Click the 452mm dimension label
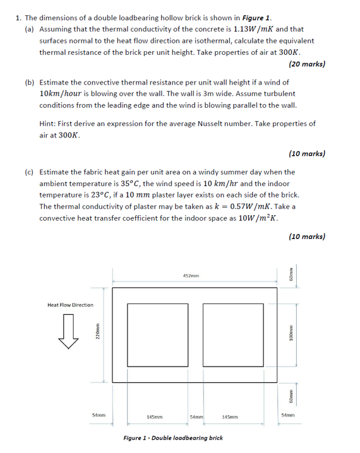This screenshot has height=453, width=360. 191,276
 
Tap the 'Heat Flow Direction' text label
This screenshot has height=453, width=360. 70,305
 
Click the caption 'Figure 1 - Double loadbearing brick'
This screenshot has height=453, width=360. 172,437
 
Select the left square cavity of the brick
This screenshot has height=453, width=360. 157,334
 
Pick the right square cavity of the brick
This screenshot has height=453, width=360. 232,334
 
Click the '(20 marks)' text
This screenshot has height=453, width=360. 306,64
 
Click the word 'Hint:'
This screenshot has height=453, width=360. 48,124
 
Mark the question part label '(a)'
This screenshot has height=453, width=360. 30,29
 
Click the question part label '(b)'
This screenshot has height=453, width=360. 30,82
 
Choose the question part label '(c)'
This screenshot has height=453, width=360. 30,172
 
